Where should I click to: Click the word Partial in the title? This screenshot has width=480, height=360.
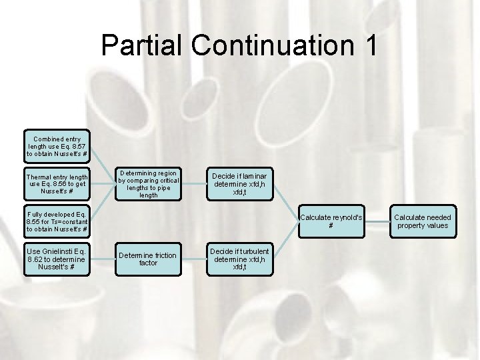pyautogui.click(x=142, y=46)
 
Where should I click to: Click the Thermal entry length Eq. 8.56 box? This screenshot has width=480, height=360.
pyautogui.click(x=57, y=184)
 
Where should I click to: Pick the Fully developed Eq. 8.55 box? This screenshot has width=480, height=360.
pyautogui.click(x=57, y=221)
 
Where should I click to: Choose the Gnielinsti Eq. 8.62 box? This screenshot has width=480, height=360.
pyautogui.click(x=57, y=259)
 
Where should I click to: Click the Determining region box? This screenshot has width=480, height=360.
pyautogui.click(x=148, y=185)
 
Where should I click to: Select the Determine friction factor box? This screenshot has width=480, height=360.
pyautogui.click(x=148, y=259)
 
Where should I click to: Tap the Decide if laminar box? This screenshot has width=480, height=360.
pyautogui.click(x=239, y=185)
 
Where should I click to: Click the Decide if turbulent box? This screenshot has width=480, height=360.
pyautogui.click(x=239, y=259)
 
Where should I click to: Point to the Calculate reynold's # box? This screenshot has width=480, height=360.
pyautogui.click(x=331, y=221)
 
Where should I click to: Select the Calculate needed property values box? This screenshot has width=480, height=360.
pyautogui.click(x=422, y=221)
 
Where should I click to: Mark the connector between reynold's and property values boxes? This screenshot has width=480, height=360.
pyautogui.click(x=377, y=221)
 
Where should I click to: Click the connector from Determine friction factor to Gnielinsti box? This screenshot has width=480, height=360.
pyautogui.click(x=102, y=259)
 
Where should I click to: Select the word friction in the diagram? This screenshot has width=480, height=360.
pyautogui.click(x=163, y=255)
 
